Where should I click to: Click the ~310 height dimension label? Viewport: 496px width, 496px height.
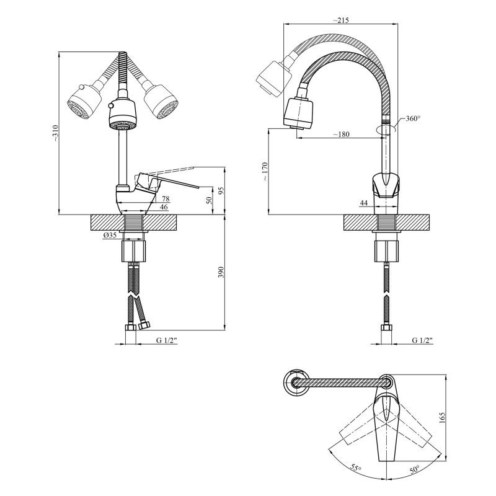click(55, 133)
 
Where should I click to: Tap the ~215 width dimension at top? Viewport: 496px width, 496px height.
click(340, 20)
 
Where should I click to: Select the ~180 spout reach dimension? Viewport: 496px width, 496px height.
click(341, 134)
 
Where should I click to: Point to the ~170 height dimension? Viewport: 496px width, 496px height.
click(265, 172)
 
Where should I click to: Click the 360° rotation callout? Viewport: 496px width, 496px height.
click(413, 118)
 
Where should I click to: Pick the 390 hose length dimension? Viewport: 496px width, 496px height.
click(221, 272)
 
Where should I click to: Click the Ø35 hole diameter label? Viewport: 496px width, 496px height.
click(110, 235)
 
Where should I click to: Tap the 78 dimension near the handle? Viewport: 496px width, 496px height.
click(166, 198)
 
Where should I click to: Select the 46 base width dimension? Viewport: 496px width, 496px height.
click(164, 207)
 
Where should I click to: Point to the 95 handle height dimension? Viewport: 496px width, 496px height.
click(221, 191)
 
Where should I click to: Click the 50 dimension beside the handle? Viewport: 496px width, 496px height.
click(209, 200)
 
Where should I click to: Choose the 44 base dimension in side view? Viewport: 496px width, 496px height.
click(364, 203)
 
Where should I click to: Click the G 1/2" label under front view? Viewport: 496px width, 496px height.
click(167, 340)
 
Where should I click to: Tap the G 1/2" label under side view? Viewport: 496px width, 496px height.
click(422, 340)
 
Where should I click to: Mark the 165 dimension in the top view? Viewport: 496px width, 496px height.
click(442, 418)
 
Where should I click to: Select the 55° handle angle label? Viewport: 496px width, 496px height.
click(355, 467)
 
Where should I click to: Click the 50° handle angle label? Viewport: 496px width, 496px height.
click(414, 469)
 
